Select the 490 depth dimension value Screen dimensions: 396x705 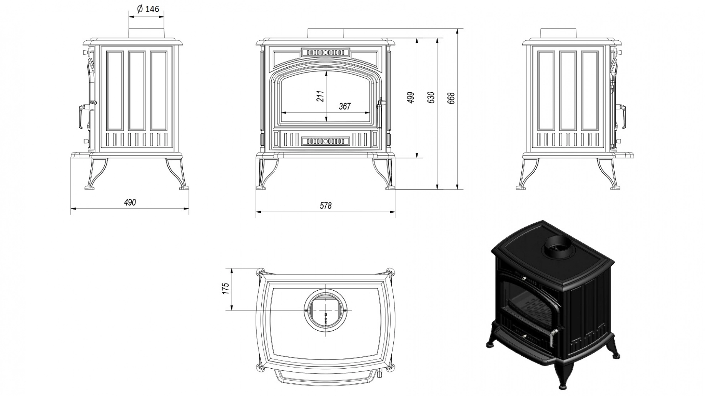pyautogui.click(x=130, y=202)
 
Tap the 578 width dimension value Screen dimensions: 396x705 pyautogui.click(x=325, y=206)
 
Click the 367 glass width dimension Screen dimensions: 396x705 pyautogui.click(x=344, y=106)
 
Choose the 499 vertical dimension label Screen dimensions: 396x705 pyautogui.click(x=411, y=98)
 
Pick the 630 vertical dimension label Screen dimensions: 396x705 pyautogui.click(x=431, y=98)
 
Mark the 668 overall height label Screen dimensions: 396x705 pyautogui.click(x=451, y=98)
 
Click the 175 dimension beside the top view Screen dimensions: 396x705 pyautogui.click(x=226, y=288)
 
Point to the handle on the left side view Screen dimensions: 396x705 pyautogui.click(x=79, y=116)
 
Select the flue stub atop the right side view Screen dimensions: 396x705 pyautogui.click(x=558, y=33)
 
